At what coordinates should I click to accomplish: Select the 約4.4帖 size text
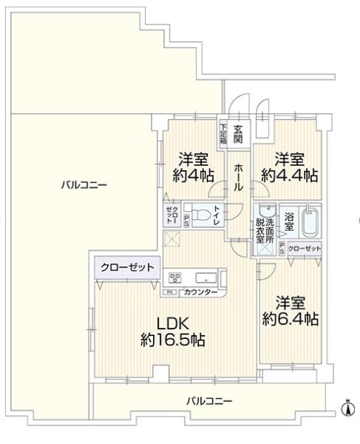tap(289, 176)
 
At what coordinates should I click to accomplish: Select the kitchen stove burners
tap(176, 278)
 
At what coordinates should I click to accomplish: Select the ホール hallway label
tap(239, 178)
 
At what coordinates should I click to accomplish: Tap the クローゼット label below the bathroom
tap(305, 249)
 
